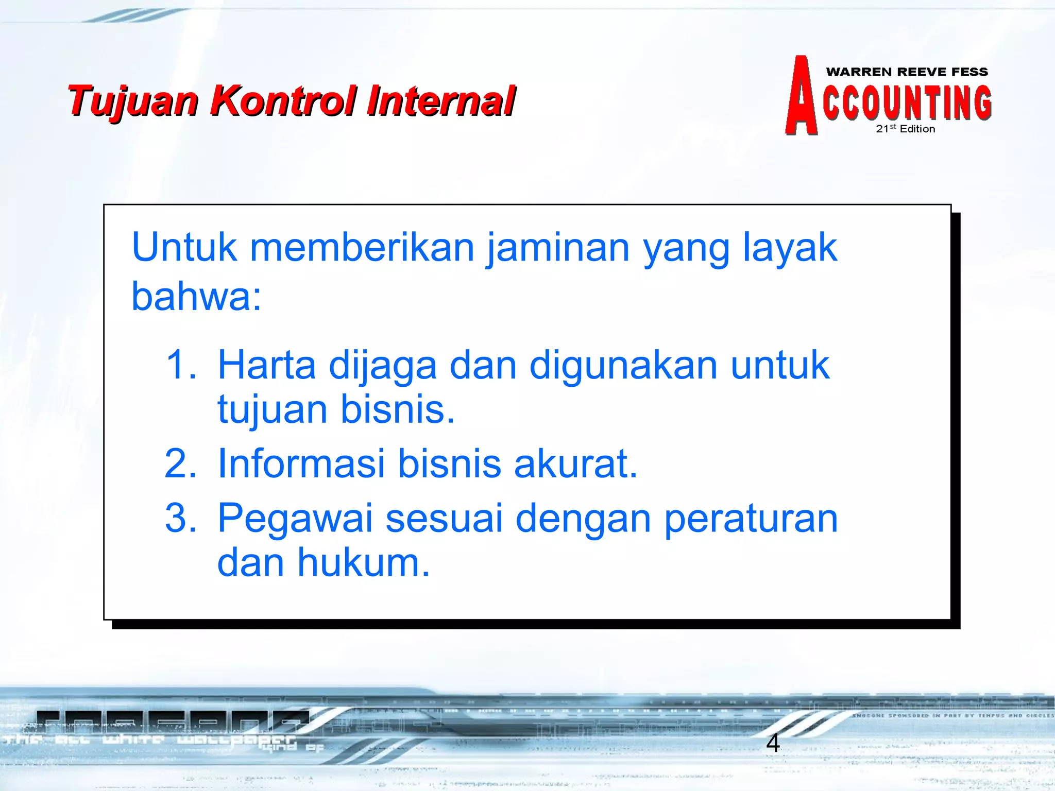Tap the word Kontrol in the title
pos(283,100)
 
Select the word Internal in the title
pos(441,100)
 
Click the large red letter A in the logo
pos(802,97)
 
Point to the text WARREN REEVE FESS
pos(907,72)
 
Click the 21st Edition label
pos(905,129)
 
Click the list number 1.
pos(180,365)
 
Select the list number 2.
pos(180,463)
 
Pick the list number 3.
pos(180,518)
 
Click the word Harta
pos(266,365)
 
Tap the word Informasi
pos(301,463)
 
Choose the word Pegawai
pos(295,519)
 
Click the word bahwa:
pos(196,297)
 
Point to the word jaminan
pos(558,248)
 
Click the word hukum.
pos(363,562)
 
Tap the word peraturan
pos(751,519)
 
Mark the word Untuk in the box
pos(184,247)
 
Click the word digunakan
pos(623,365)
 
